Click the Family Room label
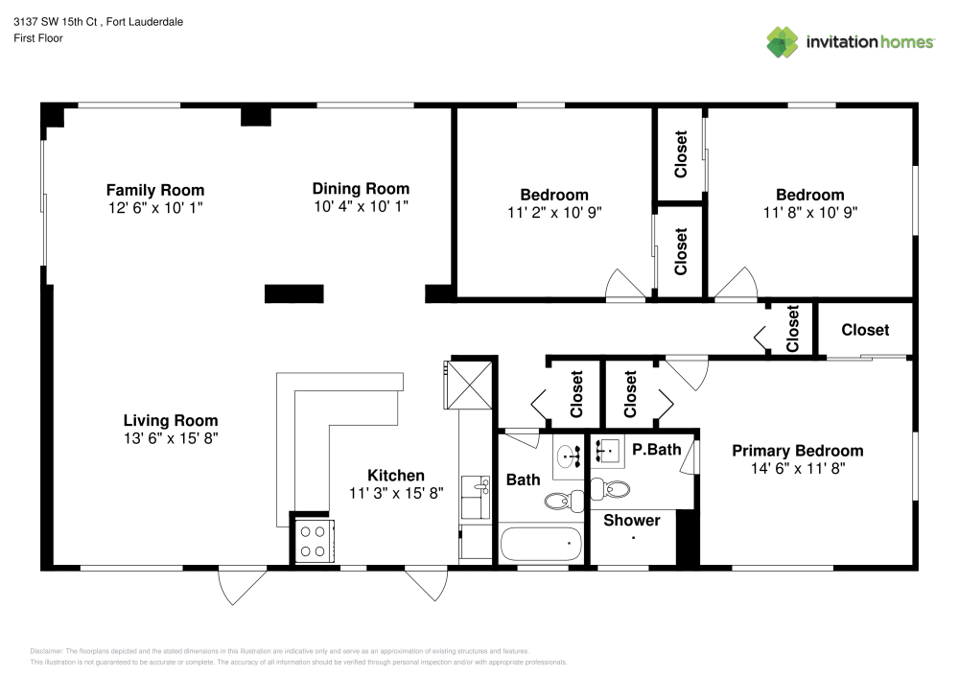point(154,190)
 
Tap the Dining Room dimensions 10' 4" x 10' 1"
point(361,206)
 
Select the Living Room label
point(170,420)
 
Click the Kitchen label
point(396,476)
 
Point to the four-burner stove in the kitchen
point(313,540)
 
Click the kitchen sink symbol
point(476,488)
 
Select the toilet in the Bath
point(565,499)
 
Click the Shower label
point(631,520)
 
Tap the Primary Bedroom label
point(797,451)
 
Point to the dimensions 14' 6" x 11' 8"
point(797,469)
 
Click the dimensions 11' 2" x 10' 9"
point(554,212)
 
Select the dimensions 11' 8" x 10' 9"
point(809,212)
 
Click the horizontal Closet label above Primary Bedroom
point(865,330)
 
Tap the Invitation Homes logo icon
point(783,41)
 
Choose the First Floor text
point(38,38)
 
